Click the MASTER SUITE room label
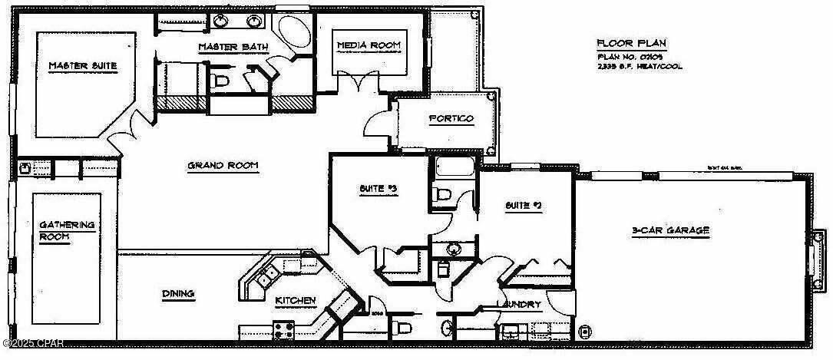[83, 66]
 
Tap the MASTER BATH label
[233, 48]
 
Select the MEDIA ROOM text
[369, 46]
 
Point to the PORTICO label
[451, 119]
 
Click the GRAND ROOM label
[223, 165]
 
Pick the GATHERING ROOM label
[66, 230]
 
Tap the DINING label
[178, 293]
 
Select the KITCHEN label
[295, 301]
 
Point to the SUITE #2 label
[524, 205]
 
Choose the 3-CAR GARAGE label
[670, 230]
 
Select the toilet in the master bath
[220, 80]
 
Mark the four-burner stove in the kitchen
[283, 332]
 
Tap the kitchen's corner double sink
[269, 272]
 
